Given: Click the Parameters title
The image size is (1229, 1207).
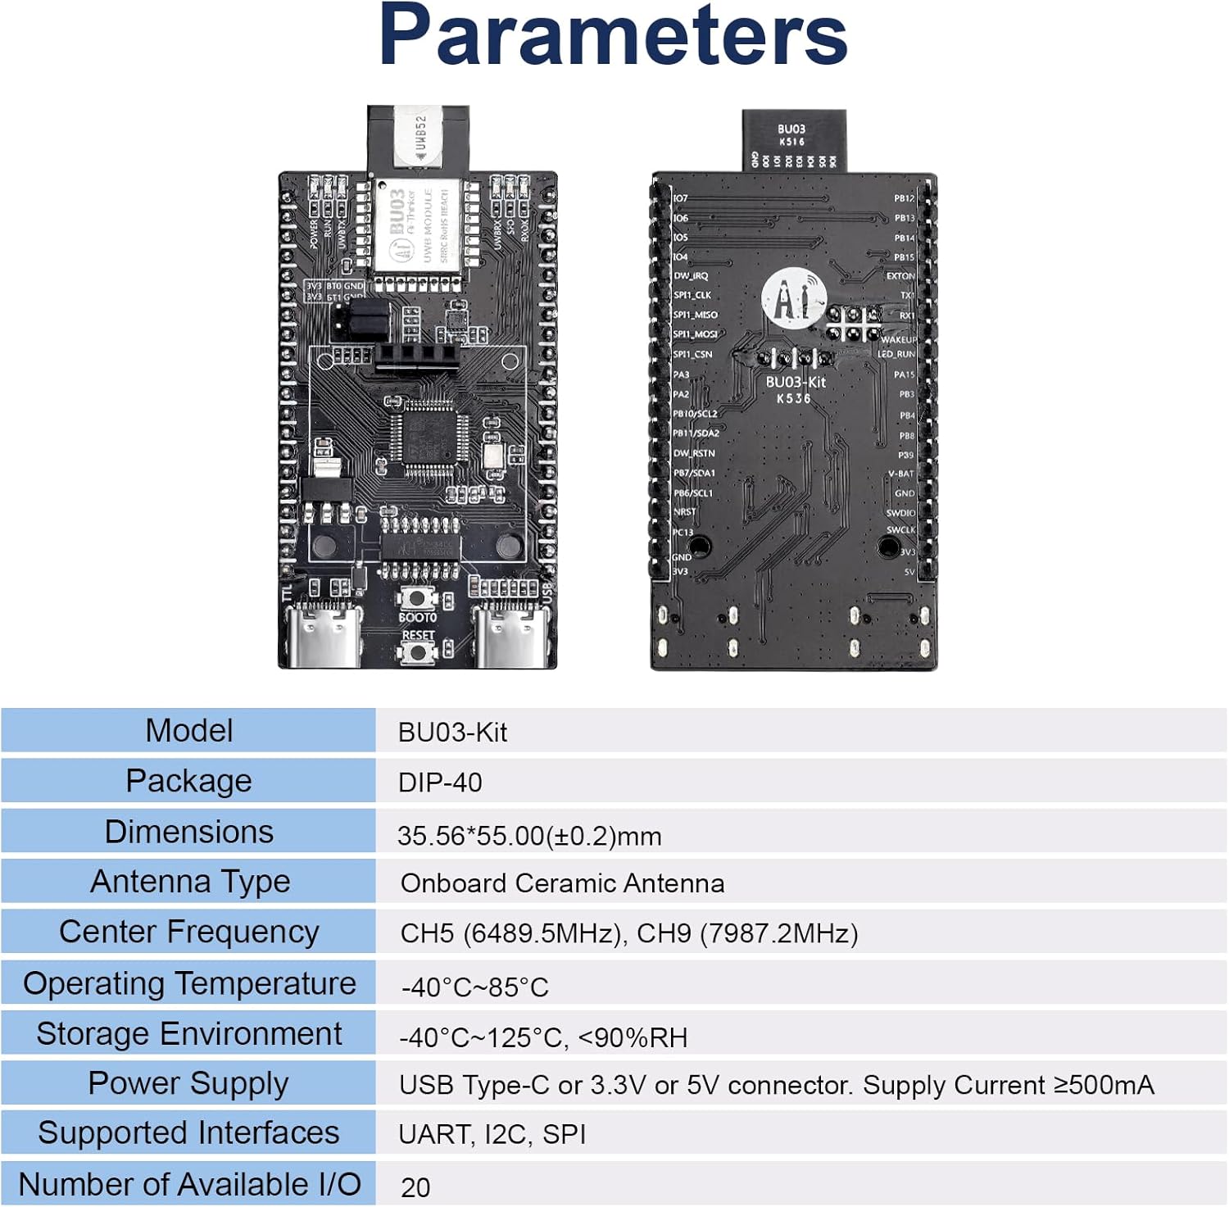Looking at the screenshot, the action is pyautogui.click(x=613, y=36).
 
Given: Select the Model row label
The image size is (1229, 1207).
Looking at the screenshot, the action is pyautogui.click(x=188, y=731).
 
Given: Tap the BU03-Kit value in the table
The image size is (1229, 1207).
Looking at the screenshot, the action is pyautogui.click(x=452, y=733).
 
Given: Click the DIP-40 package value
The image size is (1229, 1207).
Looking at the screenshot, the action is pyautogui.click(x=440, y=783).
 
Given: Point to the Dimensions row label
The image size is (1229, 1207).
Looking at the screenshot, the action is pyautogui.click(x=188, y=833).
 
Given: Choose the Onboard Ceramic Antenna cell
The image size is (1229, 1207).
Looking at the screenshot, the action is pyautogui.click(x=562, y=883).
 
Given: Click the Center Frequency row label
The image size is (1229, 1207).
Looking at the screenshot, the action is pyautogui.click(x=188, y=932).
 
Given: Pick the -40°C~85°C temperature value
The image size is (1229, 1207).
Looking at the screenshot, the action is pyautogui.click(x=474, y=987).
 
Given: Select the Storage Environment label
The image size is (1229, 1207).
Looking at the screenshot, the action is pyautogui.click(x=188, y=1034).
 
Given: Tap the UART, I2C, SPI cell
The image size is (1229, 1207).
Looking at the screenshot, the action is pyautogui.click(x=492, y=1135).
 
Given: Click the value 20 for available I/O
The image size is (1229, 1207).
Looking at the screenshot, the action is pyautogui.click(x=415, y=1187).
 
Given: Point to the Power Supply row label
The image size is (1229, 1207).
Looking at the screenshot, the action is pyautogui.click(x=188, y=1084).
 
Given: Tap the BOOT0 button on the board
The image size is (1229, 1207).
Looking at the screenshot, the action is pyautogui.click(x=418, y=599).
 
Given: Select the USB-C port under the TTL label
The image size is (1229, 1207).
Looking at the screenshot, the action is pyautogui.click(x=327, y=639).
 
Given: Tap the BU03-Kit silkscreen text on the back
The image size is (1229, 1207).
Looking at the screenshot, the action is pyautogui.click(x=796, y=383).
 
